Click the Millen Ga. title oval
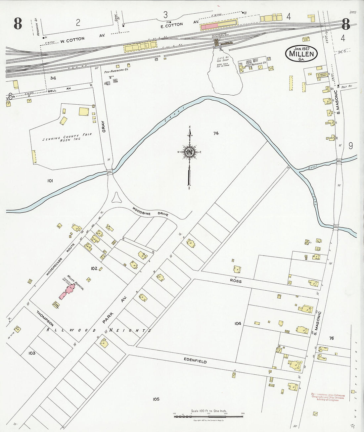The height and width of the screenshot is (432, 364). tap(301, 53)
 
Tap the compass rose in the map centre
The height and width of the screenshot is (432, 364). tap(190, 152)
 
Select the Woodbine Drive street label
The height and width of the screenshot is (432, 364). tap(150, 212)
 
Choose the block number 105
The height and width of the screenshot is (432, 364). tap(156, 399)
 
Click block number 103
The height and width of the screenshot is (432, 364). tap(32, 353)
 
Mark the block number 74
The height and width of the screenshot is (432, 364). tap(216, 133)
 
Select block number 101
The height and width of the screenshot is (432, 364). tap(50, 181)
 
